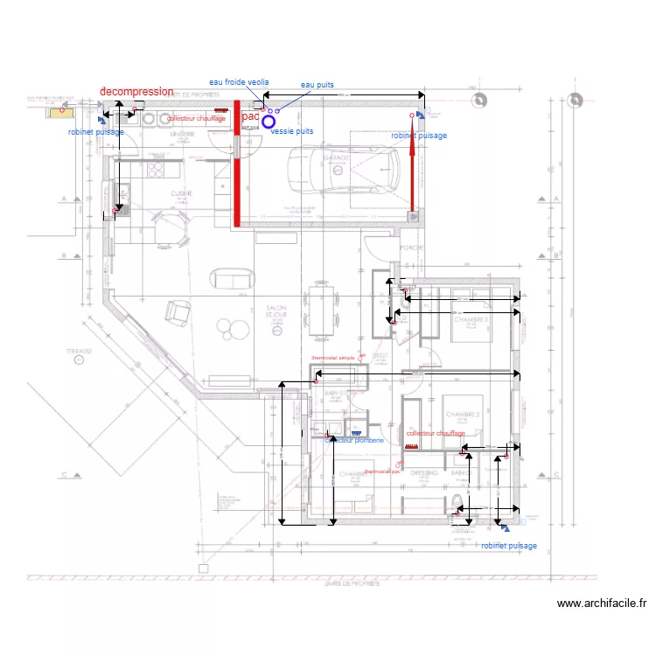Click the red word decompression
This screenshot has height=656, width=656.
tap(136, 91)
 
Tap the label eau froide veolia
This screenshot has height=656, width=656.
tap(234, 81)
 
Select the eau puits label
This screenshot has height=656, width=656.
tap(318, 85)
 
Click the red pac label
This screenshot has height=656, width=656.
tap(250, 115)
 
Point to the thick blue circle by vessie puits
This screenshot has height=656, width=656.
tap(269, 122)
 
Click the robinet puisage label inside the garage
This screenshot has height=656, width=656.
tap(419, 136)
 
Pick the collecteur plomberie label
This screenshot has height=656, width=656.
tap(354, 441)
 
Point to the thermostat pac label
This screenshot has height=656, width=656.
tap(382, 471)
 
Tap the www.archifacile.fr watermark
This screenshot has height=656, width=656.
tap(601, 604)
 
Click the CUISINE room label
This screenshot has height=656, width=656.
tap(182, 193)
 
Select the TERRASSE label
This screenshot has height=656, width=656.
tap(79, 350)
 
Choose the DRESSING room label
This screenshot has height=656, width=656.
tap(424, 473)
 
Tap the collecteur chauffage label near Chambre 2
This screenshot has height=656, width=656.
tap(436, 434)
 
